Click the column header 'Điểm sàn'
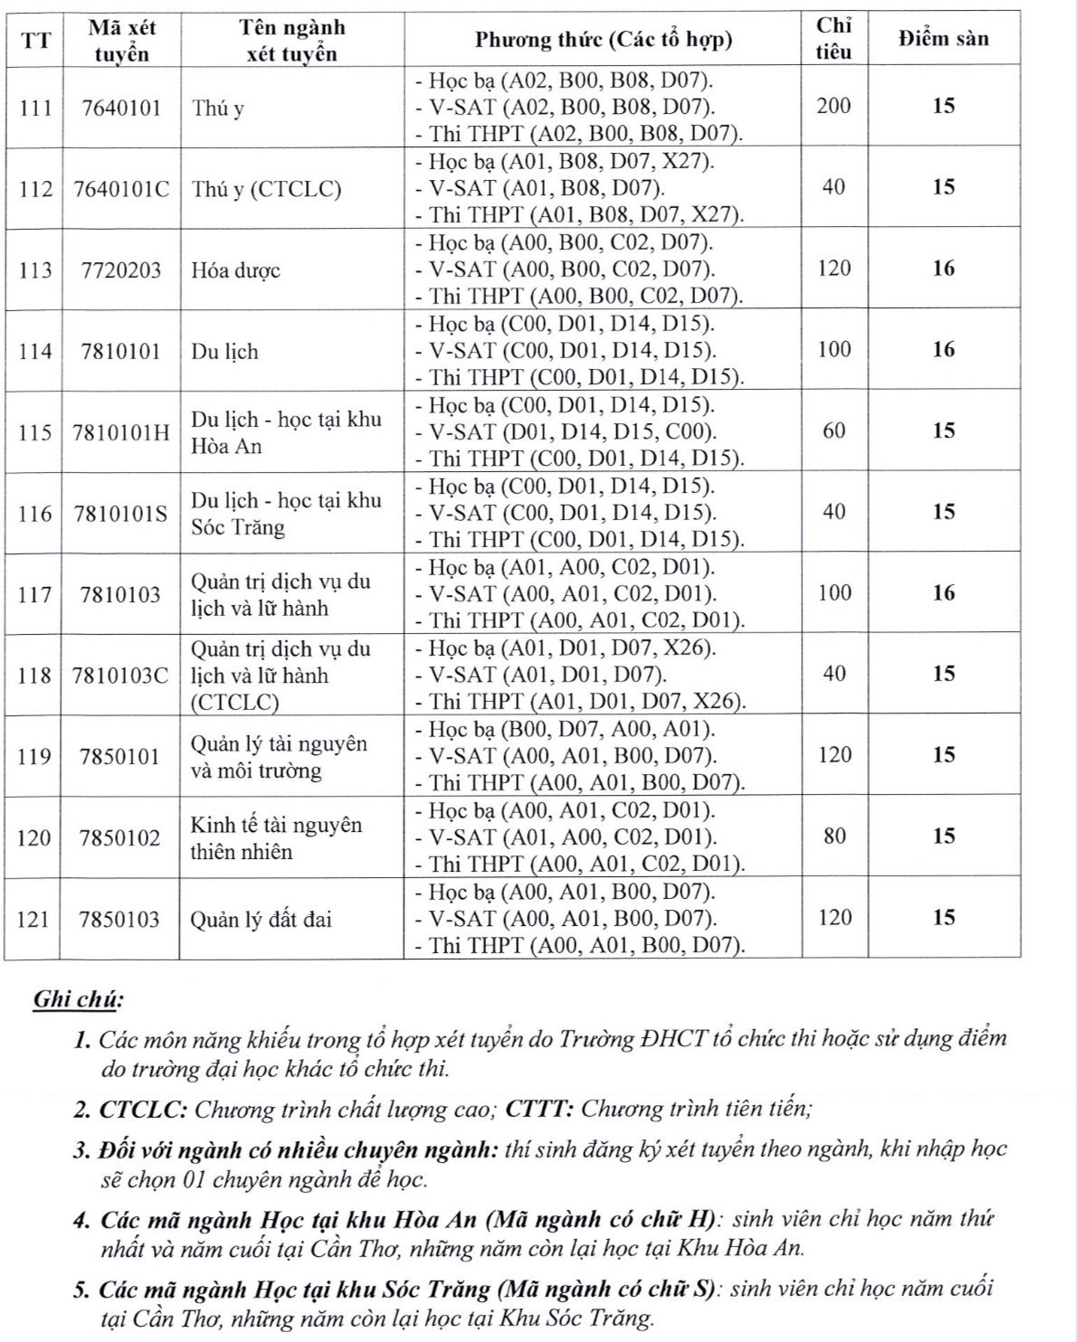pos(943,39)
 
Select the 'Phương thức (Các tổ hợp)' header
pos(604,40)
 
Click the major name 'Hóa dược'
pos(235,270)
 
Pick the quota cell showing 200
pos(834,106)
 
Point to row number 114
pos(34,351)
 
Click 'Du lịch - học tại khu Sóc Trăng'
pos(285,514)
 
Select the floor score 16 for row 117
pos(943,593)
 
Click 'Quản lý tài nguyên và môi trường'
pos(279,757)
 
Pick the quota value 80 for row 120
pos(834,836)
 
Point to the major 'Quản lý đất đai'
pos(261,920)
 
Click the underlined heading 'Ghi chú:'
pos(78,1000)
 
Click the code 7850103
pos(119,920)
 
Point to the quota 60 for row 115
pos(834,430)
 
